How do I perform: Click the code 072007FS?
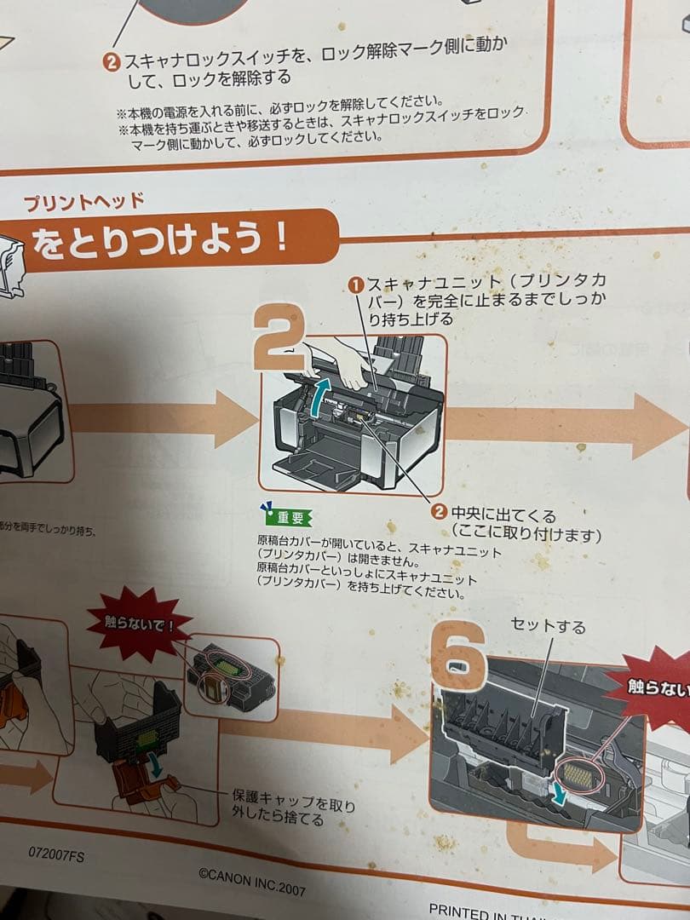pyautogui.click(x=55, y=853)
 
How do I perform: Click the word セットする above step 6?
pyautogui.click(x=548, y=626)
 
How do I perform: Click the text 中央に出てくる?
pyautogui.click(x=503, y=515)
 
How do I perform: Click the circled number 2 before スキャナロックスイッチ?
pyautogui.click(x=112, y=60)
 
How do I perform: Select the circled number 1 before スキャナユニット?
pyautogui.click(x=357, y=284)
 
